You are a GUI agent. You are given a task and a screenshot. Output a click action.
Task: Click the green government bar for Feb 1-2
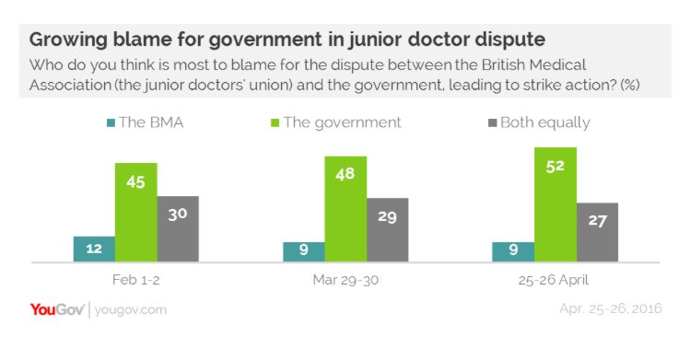pyautogui.click(x=135, y=213)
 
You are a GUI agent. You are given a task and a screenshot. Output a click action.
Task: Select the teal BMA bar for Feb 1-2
pyautogui.click(x=94, y=250)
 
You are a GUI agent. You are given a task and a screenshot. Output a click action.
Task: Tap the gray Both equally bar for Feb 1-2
pyautogui.click(x=178, y=229)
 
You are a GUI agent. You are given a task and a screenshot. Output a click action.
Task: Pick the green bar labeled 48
pyautogui.click(x=345, y=209)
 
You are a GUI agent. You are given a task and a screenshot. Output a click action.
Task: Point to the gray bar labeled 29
pyautogui.click(x=387, y=230)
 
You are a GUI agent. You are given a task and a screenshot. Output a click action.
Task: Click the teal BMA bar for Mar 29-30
pyautogui.click(x=303, y=252)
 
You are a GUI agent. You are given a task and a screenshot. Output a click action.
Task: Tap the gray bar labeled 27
pyautogui.click(x=596, y=233)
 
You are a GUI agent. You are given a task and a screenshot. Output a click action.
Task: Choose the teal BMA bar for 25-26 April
pyautogui.click(x=512, y=252)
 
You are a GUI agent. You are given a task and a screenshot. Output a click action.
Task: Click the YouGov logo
pyautogui.click(x=56, y=309)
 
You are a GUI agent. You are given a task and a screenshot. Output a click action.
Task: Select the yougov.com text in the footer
pyautogui.click(x=131, y=310)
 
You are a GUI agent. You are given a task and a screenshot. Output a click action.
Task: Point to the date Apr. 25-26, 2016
pyautogui.click(x=610, y=309)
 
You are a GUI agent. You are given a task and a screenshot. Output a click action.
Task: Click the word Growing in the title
pyautogui.click(x=70, y=41)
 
